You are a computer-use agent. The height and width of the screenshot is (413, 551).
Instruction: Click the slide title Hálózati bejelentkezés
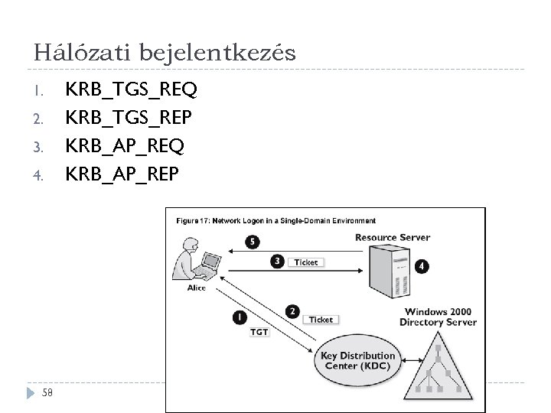[x=165, y=52]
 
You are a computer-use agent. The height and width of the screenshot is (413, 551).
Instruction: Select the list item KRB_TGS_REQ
[x=132, y=90]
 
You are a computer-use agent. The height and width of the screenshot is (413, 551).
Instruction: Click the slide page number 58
[x=47, y=393]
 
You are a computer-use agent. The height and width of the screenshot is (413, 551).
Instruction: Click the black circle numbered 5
[x=253, y=242]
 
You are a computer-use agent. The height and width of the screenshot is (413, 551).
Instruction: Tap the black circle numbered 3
[x=277, y=262]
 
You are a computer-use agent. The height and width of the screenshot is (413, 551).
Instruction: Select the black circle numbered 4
[x=422, y=267]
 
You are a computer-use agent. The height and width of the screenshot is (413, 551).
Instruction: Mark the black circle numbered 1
[x=240, y=315]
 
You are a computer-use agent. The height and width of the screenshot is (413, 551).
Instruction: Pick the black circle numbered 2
[x=292, y=311]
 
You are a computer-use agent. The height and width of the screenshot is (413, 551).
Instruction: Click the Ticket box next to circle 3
[x=306, y=262]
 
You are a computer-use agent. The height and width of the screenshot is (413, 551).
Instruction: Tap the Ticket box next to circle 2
[x=321, y=320]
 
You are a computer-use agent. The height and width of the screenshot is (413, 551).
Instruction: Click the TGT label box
[x=260, y=332]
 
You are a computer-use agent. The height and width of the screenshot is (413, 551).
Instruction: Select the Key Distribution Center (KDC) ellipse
[x=357, y=361]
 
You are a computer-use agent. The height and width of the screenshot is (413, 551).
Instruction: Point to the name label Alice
[x=197, y=288]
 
